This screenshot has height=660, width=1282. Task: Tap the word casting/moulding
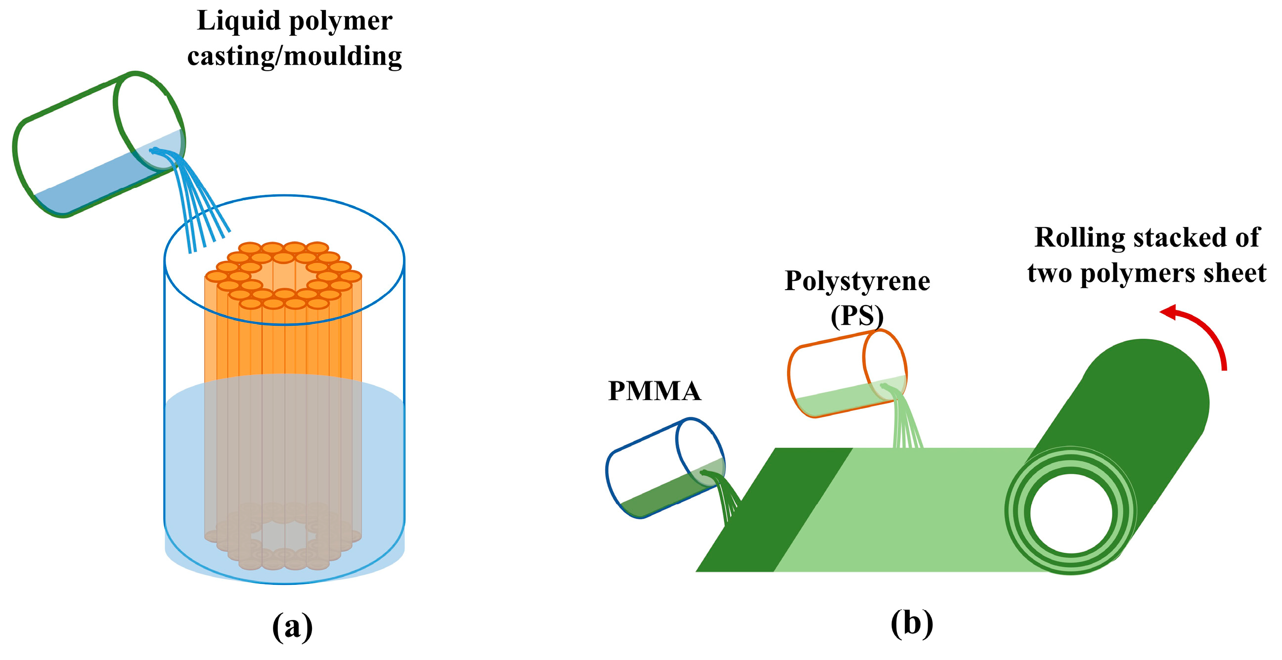click(x=295, y=56)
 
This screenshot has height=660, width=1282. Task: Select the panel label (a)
click(x=293, y=626)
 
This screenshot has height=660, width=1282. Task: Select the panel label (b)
click(x=912, y=622)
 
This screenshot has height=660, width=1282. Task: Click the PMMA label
click(x=655, y=391)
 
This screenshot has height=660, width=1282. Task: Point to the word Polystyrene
click(x=857, y=281)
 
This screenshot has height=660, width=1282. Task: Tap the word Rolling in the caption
click(x=1079, y=238)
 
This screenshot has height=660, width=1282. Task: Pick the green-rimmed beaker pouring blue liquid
click(x=98, y=144)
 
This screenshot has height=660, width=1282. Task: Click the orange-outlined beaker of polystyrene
click(x=847, y=373)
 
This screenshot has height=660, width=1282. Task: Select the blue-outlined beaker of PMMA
click(x=665, y=468)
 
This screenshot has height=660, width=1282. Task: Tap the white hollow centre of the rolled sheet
click(x=1071, y=514)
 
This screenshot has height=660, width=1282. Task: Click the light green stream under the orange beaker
click(x=903, y=418)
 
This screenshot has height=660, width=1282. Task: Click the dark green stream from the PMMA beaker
click(x=724, y=495)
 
